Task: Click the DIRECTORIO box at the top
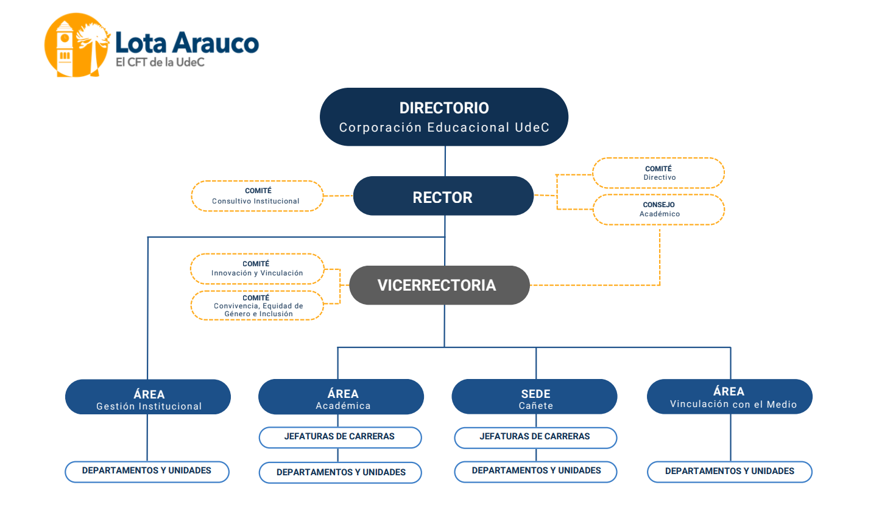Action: pos(444,117)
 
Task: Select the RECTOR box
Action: pos(443,196)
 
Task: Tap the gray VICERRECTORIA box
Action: pos(440,285)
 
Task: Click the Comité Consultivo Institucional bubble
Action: pos(258,196)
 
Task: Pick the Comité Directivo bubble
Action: pos(658,173)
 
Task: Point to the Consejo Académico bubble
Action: pos(659,209)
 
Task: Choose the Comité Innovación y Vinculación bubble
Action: pos(257,269)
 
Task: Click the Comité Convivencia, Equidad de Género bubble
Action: pos(257,305)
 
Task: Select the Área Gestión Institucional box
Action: pos(148,397)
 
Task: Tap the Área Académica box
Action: pos(341,397)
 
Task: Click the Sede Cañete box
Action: pos(534,397)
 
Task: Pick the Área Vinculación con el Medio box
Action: pos(730,396)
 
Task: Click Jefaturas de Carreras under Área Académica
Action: pos(341,437)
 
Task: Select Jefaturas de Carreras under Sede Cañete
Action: pos(535,437)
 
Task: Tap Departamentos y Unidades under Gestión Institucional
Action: pos(147,472)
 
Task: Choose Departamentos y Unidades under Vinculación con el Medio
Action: pos(730,472)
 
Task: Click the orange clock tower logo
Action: pos(77,44)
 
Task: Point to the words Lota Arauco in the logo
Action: pos(187,43)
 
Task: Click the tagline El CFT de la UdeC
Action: pos(160,62)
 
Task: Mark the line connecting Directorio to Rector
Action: pos(445,161)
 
